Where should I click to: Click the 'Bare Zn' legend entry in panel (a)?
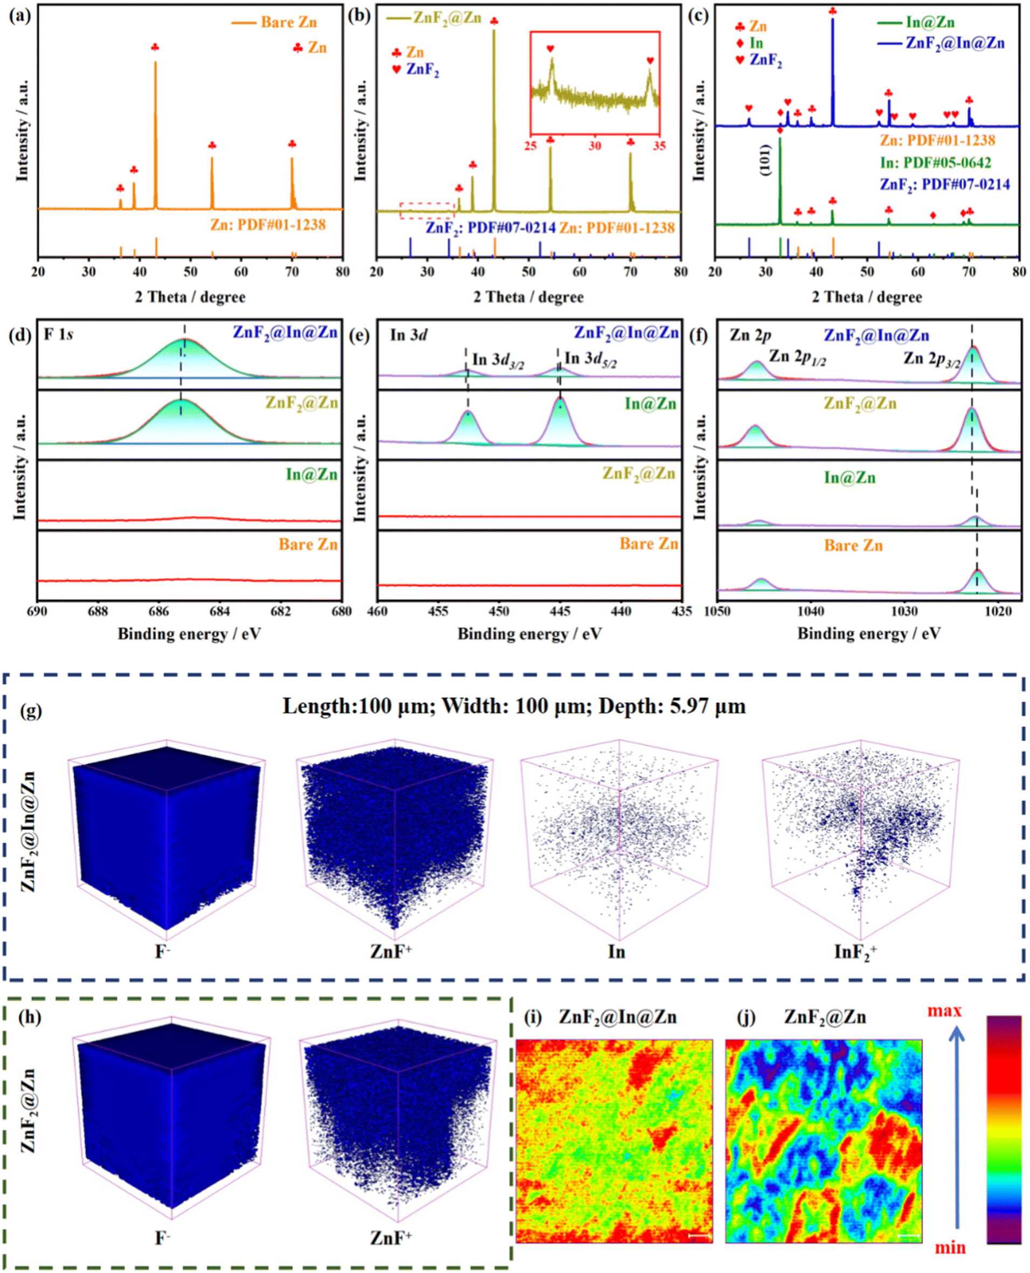tap(288, 23)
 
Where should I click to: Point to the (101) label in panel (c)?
tap(765, 160)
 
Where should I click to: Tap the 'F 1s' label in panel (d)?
tap(58, 335)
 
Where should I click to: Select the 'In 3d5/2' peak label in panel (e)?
tap(590, 359)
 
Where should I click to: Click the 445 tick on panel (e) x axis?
tap(560, 611)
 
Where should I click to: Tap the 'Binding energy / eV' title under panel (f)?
tap(869, 633)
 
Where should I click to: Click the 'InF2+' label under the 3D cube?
tap(855, 952)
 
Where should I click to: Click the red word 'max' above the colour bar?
tap(944, 1011)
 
